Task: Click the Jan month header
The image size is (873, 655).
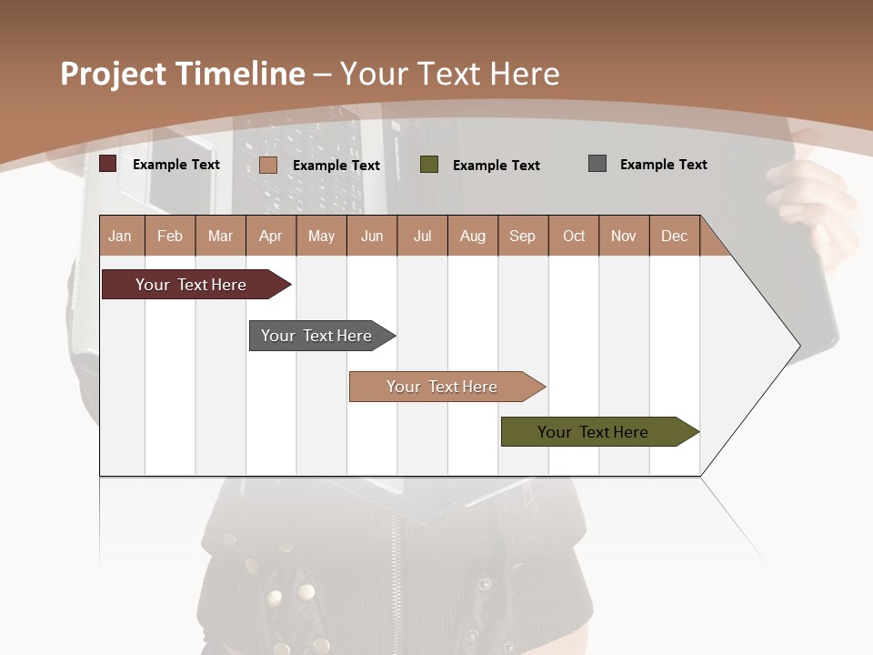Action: point(121,236)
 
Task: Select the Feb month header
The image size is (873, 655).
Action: point(170,236)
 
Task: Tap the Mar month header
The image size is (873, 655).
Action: point(220,236)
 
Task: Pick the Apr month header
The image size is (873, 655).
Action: point(271,236)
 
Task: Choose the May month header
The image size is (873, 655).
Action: point(321,236)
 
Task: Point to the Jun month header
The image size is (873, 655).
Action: point(372,236)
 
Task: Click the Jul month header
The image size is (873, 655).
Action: point(422,236)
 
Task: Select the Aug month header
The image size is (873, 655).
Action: point(473,236)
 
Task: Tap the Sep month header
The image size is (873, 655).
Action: point(523,236)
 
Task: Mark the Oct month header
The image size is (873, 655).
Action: point(574,236)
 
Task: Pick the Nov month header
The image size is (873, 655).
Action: point(624,236)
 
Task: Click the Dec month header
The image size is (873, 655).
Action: point(675,236)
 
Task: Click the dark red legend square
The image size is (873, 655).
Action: point(108,164)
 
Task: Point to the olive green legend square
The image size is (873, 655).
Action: point(429,165)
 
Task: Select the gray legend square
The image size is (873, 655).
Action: point(597,164)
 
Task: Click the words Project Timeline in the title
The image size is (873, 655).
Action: point(183,74)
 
